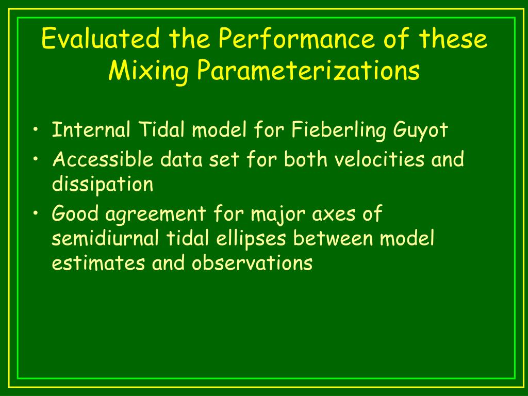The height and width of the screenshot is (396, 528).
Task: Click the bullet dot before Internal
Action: point(34,130)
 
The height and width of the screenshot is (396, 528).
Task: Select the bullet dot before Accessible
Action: point(34,160)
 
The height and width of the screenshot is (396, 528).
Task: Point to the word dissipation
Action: point(102,185)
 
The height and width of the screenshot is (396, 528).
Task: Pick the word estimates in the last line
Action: point(98,263)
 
